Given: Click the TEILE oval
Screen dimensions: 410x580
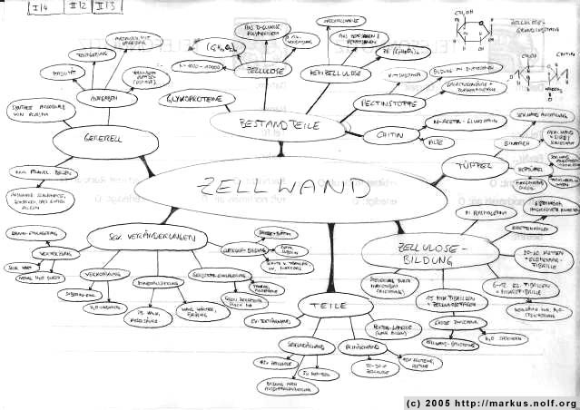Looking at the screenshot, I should coord(325,305).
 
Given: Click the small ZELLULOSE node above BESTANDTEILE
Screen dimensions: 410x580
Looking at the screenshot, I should coord(259,69).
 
